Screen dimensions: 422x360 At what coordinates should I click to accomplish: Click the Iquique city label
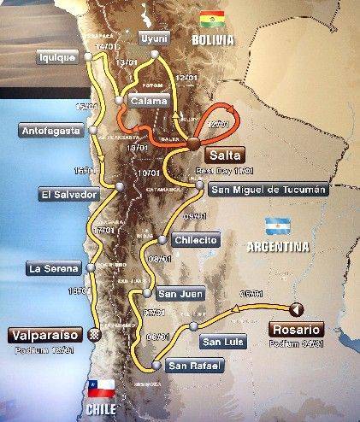point(57,57)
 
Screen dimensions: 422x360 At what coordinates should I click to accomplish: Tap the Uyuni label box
point(153,39)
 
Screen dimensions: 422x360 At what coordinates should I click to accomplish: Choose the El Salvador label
point(64,193)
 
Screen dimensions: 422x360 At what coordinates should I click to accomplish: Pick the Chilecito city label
point(195,239)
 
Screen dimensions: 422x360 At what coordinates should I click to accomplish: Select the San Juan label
point(180,293)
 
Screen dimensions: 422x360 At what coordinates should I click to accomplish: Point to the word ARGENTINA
point(278,248)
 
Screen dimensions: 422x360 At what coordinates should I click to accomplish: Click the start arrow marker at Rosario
point(296,309)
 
